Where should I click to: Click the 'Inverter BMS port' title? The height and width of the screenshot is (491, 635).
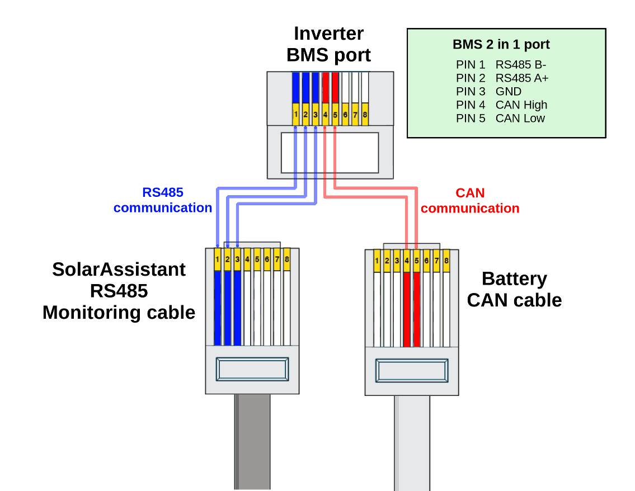[x=328, y=44]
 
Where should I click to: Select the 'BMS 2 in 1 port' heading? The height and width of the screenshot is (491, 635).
[x=501, y=45]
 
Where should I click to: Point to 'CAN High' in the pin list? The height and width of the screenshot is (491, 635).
[x=521, y=105]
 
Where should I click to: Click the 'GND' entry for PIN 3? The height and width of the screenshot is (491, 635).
[x=508, y=92]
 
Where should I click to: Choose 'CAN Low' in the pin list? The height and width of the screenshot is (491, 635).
[x=520, y=119]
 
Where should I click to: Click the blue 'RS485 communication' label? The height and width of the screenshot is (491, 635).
[x=163, y=200]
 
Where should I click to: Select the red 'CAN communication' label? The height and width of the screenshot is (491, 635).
[x=470, y=201]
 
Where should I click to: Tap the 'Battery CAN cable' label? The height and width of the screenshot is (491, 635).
[x=514, y=289]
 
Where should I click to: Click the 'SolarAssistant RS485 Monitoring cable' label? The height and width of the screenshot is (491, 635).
[x=119, y=290]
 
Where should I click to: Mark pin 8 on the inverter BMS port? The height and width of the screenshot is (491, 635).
[x=365, y=115]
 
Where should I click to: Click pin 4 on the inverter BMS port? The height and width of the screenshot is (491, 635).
[x=325, y=115]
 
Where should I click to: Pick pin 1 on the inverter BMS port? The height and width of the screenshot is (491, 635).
[x=295, y=115]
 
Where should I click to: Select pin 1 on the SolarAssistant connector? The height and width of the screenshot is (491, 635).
[x=217, y=259]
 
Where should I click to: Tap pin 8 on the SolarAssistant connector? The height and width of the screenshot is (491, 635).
[x=287, y=259]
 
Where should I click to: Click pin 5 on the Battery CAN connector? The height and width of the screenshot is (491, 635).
[x=416, y=261]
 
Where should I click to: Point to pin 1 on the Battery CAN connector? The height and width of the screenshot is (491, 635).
[x=377, y=261]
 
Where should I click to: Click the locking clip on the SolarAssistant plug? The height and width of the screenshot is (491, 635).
[x=253, y=370]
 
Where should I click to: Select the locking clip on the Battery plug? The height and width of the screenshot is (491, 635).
[x=412, y=371]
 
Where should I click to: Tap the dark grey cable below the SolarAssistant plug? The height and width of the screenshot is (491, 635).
[x=252, y=442]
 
